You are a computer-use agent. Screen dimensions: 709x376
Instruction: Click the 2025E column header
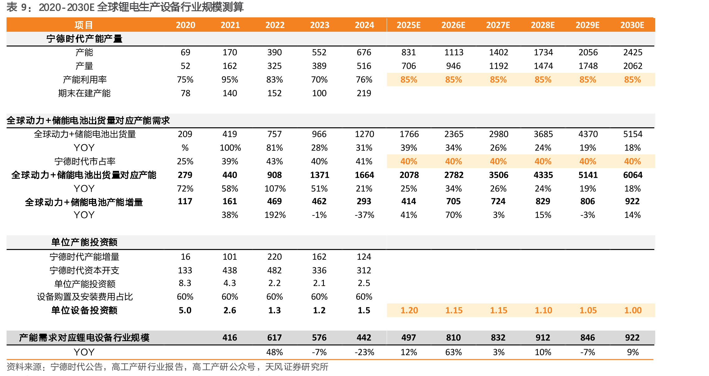[x=408, y=25]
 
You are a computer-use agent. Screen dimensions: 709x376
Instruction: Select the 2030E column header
[x=632, y=25]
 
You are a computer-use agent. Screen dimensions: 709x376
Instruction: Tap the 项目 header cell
[x=84, y=25]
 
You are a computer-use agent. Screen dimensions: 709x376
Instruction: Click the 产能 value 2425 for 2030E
[x=633, y=52]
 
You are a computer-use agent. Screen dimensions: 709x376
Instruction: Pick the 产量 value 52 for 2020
[x=185, y=66]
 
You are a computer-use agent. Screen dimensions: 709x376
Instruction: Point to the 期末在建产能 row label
[x=84, y=93]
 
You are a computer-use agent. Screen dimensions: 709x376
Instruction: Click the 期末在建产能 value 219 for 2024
[x=364, y=93]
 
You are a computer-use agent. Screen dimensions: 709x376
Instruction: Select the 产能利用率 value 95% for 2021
[x=230, y=80]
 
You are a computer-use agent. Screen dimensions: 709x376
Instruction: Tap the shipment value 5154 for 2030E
[x=633, y=134]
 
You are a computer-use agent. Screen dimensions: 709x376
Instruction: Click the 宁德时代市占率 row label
[x=85, y=161]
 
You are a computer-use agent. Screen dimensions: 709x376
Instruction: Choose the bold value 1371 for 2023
[x=320, y=175]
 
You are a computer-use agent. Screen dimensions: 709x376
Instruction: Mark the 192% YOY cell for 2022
[x=275, y=215]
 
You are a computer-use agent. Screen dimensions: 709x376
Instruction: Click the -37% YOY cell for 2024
[x=364, y=215]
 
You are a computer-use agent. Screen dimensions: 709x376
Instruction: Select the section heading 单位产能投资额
[x=84, y=242]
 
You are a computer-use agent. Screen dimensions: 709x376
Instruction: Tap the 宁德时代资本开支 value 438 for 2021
[x=230, y=270]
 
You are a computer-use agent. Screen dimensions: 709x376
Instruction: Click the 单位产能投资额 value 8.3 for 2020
[x=185, y=283]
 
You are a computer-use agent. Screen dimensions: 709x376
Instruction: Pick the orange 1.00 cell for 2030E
[x=633, y=310]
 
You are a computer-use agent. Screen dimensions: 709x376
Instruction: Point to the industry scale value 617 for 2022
[x=274, y=338]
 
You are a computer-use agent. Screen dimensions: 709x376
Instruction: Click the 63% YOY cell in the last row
[x=453, y=352]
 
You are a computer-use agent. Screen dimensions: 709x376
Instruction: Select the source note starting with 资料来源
[x=168, y=367]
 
